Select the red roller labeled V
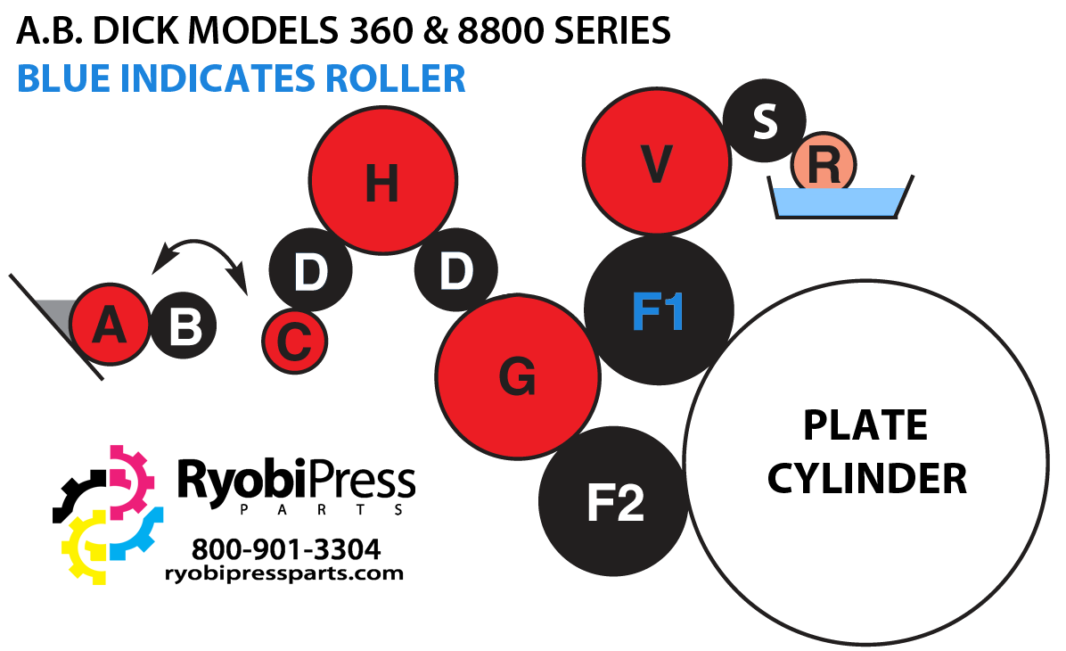point(656,162)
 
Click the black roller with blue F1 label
point(659,310)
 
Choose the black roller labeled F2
point(614,502)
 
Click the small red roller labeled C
point(295,341)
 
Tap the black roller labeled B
point(184,326)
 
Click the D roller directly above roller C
point(310,271)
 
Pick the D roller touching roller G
point(455,269)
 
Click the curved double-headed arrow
point(200,253)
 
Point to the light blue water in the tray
point(840,202)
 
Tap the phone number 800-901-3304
point(285,547)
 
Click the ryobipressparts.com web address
point(284,573)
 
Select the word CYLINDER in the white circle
point(866,478)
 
